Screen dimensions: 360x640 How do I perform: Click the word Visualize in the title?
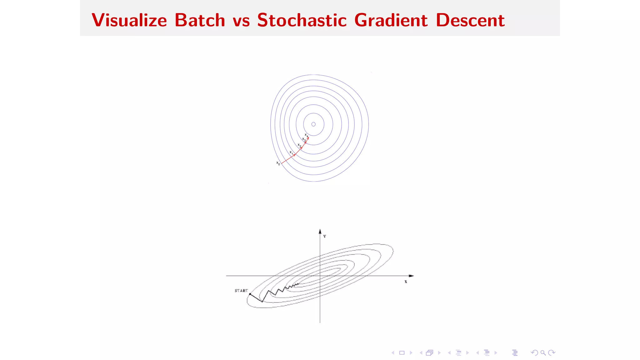[x=129, y=20]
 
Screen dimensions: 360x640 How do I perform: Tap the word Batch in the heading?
[x=200, y=20]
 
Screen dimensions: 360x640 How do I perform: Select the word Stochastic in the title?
[x=302, y=20]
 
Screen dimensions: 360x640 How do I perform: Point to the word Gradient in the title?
[x=391, y=20]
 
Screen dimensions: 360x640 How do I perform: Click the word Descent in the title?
[x=470, y=20]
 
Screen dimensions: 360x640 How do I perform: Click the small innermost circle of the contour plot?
[x=313, y=124]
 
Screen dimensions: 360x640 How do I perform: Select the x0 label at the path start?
[x=278, y=163]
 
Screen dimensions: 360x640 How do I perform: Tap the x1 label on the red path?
[x=291, y=152]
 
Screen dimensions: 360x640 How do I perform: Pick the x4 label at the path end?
[x=307, y=135]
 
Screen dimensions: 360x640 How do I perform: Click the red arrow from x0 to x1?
[x=288, y=159]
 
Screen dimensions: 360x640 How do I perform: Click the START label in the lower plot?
[x=241, y=291]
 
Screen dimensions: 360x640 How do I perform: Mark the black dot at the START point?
[x=250, y=294]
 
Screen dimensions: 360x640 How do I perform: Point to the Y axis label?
[x=325, y=237]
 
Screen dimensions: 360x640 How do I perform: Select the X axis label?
[x=406, y=282]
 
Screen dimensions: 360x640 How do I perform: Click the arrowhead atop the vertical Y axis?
[x=320, y=232]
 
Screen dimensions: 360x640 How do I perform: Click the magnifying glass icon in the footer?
[x=543, y=353]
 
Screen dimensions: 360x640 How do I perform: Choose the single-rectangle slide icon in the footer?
[x=402, y=353]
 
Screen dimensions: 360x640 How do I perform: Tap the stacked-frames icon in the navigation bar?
[x=430, y=353]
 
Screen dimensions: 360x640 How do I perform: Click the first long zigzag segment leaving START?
[x=256, y=298]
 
